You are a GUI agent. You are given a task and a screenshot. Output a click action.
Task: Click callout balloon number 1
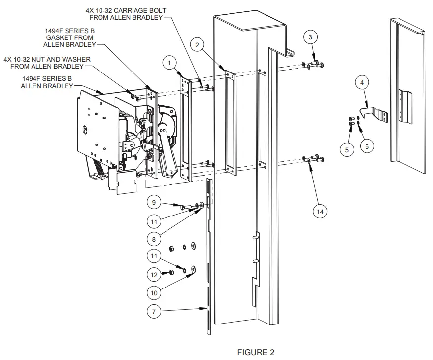click(169, 63)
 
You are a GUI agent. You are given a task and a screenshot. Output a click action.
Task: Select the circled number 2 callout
click(197, 45)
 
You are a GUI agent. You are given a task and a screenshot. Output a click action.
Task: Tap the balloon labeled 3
click(310, 37)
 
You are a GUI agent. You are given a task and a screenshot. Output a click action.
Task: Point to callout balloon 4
click(362, 83)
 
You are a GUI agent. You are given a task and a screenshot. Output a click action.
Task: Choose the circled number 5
click(349, 149)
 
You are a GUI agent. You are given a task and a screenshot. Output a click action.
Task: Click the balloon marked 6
click(366, 146)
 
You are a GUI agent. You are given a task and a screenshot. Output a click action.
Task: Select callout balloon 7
click(154, 311)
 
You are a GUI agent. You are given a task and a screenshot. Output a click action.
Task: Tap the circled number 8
click(154, 239)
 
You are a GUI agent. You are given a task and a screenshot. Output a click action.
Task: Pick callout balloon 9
click(154, 202)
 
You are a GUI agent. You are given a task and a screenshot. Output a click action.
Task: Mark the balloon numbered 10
click(154, 292)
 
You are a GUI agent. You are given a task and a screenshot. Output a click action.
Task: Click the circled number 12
click(154, 274)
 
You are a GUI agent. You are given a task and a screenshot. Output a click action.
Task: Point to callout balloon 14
click(321, 211)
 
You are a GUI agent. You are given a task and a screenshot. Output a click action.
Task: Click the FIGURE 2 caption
click(256, 352)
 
